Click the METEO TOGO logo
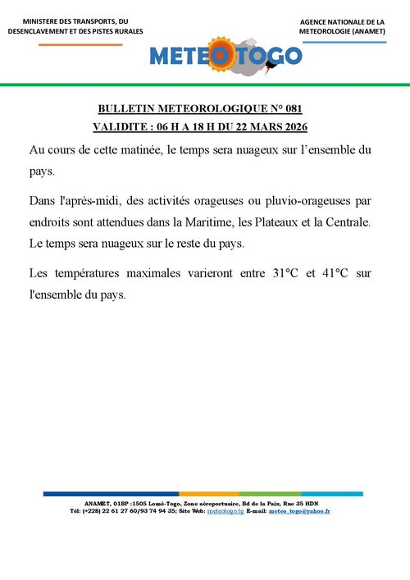225,55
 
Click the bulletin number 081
293,108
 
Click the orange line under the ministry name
80,43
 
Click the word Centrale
348,221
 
